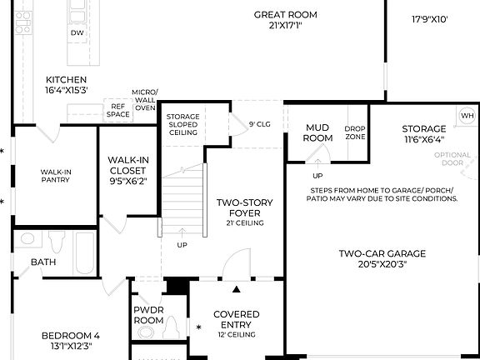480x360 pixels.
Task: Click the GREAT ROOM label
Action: [x=285, y=15]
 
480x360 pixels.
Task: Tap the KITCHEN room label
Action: [x=66, y=80]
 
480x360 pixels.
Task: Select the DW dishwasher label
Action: [x=77, y=33]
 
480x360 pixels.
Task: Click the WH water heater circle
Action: [x=467, y=115]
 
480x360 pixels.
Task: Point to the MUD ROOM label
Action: [x=318, y=133]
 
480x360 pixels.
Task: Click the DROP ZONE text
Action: [x=355, y=132]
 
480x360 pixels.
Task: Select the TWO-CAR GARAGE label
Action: [x=382, y=254]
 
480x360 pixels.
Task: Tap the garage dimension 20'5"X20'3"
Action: [x=382, y=266]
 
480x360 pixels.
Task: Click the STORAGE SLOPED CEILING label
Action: [x=182, y=124]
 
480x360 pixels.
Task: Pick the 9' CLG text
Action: [x=260, y=124]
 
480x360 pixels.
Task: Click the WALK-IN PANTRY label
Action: [x=56, y=175]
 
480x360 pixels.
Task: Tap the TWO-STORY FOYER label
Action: [x=240, y=207]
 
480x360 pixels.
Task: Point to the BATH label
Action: [x=43, y=262]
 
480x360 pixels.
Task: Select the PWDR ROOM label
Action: [x=148, y=314]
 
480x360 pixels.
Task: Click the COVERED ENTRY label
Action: [x=237, y=319]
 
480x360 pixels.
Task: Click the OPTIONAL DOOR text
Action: [x=452, y=158]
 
